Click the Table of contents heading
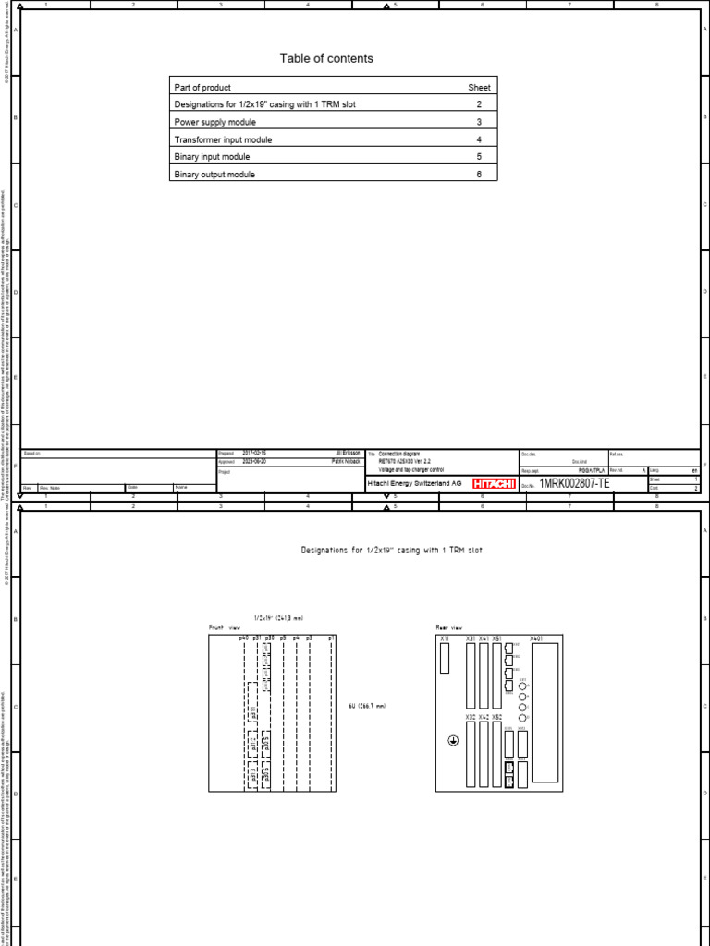click(326, 58)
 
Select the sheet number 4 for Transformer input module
click(479, 139)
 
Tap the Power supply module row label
click(215, 122)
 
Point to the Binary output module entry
click(214, 175)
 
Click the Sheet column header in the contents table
click(479, 87)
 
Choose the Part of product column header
click(202, 87)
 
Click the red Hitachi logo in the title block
click(495, 483)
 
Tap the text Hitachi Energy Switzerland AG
click(416, 483)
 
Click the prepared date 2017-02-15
click(254, 454)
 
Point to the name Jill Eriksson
click(348, 454)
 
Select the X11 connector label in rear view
click(445, 638)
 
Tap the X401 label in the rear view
click(537, 638)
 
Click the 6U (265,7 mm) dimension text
click(367, 705)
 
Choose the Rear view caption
click(449, 627)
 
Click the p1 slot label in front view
click(331, 637)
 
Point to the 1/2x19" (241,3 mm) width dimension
click(278, 618)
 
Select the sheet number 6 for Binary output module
click(479, 175)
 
